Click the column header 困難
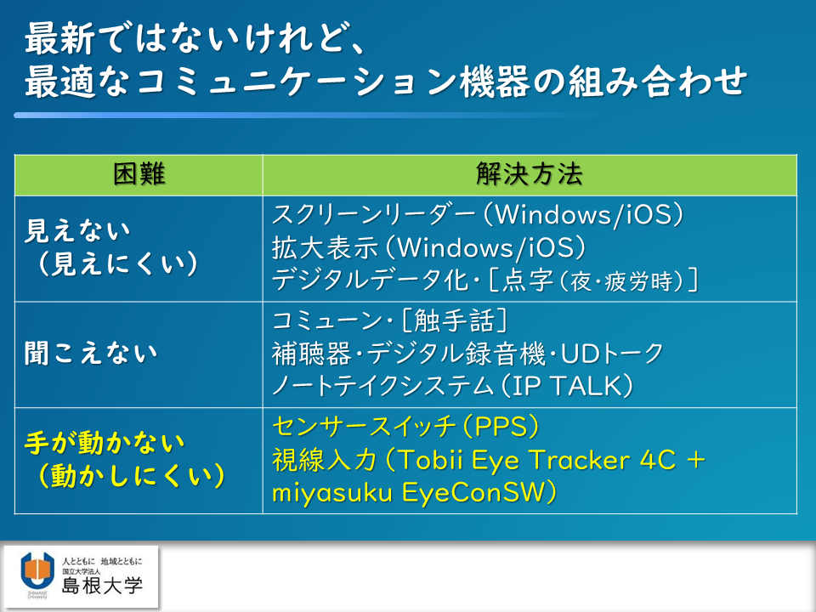[139, 173]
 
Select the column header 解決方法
[530, 173]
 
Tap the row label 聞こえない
[91, 354]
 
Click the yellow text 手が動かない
[105, 444]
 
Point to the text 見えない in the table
[77, 230]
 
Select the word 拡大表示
[325, 247]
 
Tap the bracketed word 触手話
[454, 320]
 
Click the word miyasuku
[332, 493]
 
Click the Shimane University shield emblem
[37, 571]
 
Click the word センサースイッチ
[365, 427]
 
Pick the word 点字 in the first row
[528, 281]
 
